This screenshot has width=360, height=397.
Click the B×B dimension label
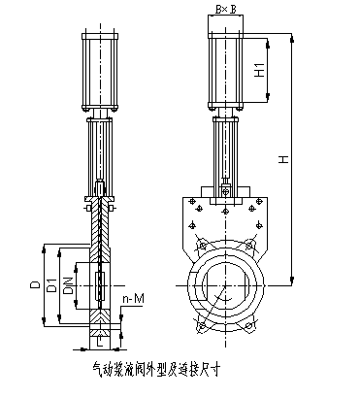tap(226, 10)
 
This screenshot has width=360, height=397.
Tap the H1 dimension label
tap(260, 69)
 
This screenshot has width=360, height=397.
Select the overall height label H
tap(284, 159)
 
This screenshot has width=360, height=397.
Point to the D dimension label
tap(35, 284)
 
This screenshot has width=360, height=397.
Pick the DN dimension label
tap(68, 285)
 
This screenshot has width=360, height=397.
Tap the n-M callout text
tap(133, 299)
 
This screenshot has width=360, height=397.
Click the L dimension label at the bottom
tap(100, 342)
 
